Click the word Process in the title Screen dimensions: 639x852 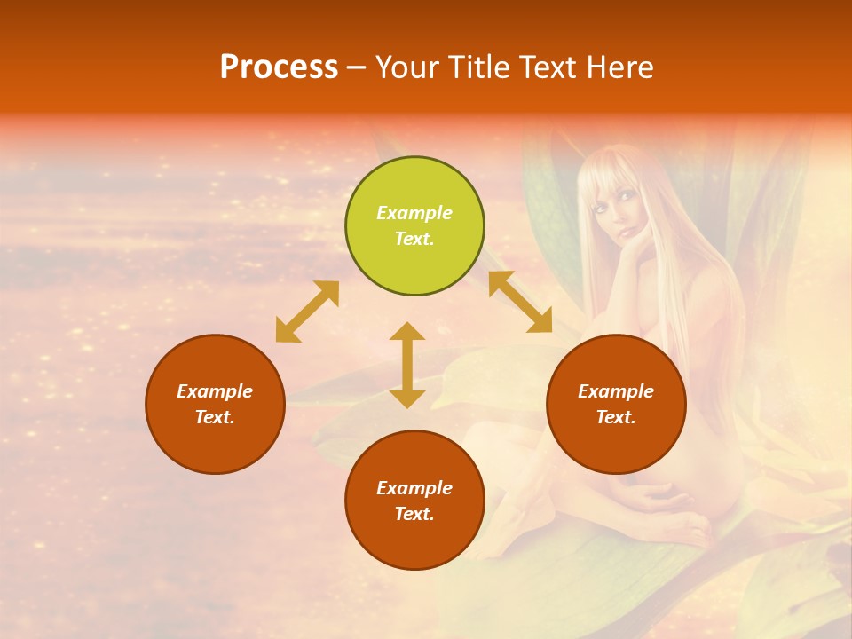tap(279, 67)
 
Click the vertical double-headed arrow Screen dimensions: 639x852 tap(407, 365)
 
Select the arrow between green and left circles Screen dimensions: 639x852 tap(307, 312)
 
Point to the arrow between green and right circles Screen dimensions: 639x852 tap(520, 302)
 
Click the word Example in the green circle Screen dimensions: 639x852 tap(414, 213)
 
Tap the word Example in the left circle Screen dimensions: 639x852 tap(215, 391)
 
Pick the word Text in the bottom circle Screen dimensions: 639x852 tap(414, 514)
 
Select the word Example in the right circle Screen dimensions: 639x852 tap(616, 391)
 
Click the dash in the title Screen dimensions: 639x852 tap(357, 68)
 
